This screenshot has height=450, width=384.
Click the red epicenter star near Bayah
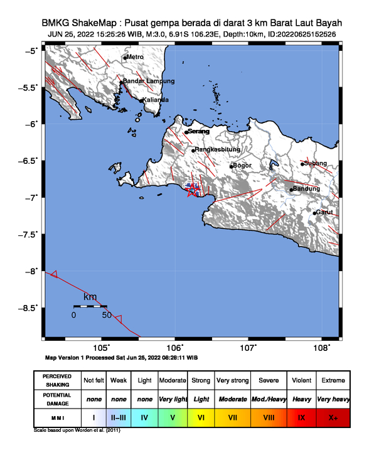tap(193, 191)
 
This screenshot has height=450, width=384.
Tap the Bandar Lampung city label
tap(148, 81)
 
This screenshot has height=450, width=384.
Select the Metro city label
tap(135, 57)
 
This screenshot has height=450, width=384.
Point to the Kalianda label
tap(154, 100)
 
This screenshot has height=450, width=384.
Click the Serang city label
tap(198, 131)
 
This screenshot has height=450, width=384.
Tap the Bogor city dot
tap(231, 166)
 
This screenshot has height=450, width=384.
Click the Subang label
tap(315, 163)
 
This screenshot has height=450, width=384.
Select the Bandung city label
tap(307, 188)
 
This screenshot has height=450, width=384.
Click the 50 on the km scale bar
tap(107, 314)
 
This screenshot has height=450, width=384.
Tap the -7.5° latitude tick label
tap(31, 234)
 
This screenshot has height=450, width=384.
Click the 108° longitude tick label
tap(322, 348)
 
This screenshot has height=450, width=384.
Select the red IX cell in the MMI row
tap(301, 417)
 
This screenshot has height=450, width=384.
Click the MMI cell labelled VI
tap(201, 417)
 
